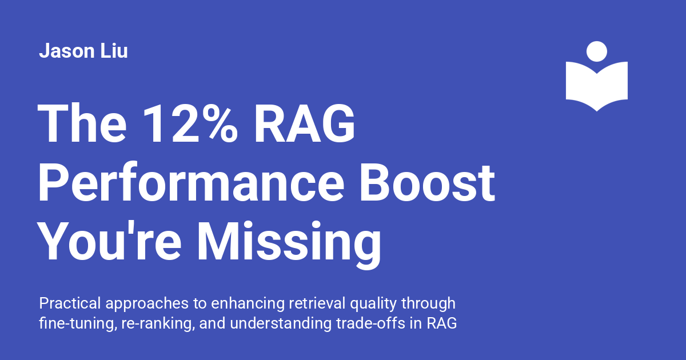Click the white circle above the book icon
click(x=597, y=51)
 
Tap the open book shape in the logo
click(x=597, y=86)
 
